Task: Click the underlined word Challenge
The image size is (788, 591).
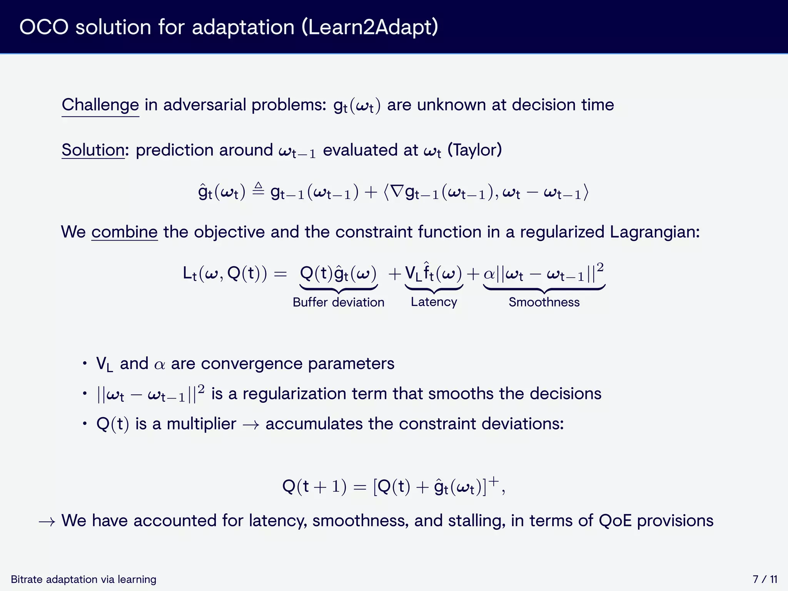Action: [x=100, y=105]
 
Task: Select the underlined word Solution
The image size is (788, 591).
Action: [x=93, y=150]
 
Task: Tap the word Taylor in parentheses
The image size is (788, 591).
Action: [x=474, y=150]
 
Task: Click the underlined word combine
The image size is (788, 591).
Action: [x=124, y=232]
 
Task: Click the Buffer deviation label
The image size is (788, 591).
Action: [x=338, y=302]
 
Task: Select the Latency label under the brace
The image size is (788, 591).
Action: [x=434, y=302]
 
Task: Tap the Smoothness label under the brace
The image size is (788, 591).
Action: [x=544, y=302]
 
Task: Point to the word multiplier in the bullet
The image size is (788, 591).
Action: [x=201, y=424]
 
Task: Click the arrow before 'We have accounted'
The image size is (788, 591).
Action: [x=47, y=522]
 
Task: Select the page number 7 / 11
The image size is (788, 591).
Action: [x=765, y=579]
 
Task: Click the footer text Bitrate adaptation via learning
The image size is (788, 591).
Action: [x=83, y=579]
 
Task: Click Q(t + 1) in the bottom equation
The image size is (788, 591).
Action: [x=314, y=487]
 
